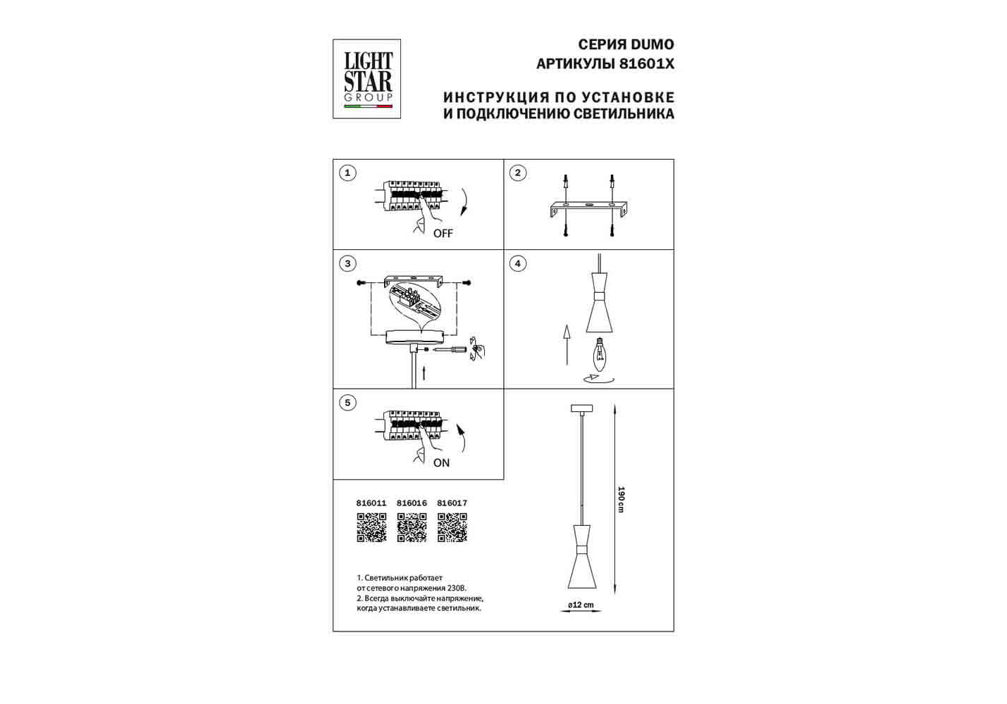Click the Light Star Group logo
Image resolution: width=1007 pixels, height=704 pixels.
point(366,79)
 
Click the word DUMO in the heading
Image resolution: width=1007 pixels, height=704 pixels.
point(653,44)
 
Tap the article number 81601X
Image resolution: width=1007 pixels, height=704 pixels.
point(647,64)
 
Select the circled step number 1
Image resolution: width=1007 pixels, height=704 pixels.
point(347,173)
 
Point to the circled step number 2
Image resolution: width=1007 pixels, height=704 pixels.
point(518,173)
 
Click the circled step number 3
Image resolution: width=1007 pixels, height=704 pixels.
point(347,263)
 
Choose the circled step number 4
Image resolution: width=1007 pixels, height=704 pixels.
point(518,263)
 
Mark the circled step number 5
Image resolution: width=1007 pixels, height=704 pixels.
point(347,403)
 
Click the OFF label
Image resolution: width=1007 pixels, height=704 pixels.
point(443,234)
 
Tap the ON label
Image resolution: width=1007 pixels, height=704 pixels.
point(441,463)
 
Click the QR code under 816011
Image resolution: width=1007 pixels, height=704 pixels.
point(372,527)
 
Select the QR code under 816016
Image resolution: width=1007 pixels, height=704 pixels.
point(412,527)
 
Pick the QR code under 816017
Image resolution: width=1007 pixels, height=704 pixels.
point(452,527)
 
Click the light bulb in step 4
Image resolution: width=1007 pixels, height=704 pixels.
point(599,354)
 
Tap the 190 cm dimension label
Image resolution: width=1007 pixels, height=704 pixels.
point(622,499)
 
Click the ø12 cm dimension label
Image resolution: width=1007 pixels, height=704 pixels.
point(581,605)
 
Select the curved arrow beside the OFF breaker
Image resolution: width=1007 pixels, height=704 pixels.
point(464,203)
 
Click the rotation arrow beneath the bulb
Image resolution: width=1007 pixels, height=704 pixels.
point(598,379)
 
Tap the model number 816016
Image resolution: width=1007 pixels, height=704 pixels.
point(412,503)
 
